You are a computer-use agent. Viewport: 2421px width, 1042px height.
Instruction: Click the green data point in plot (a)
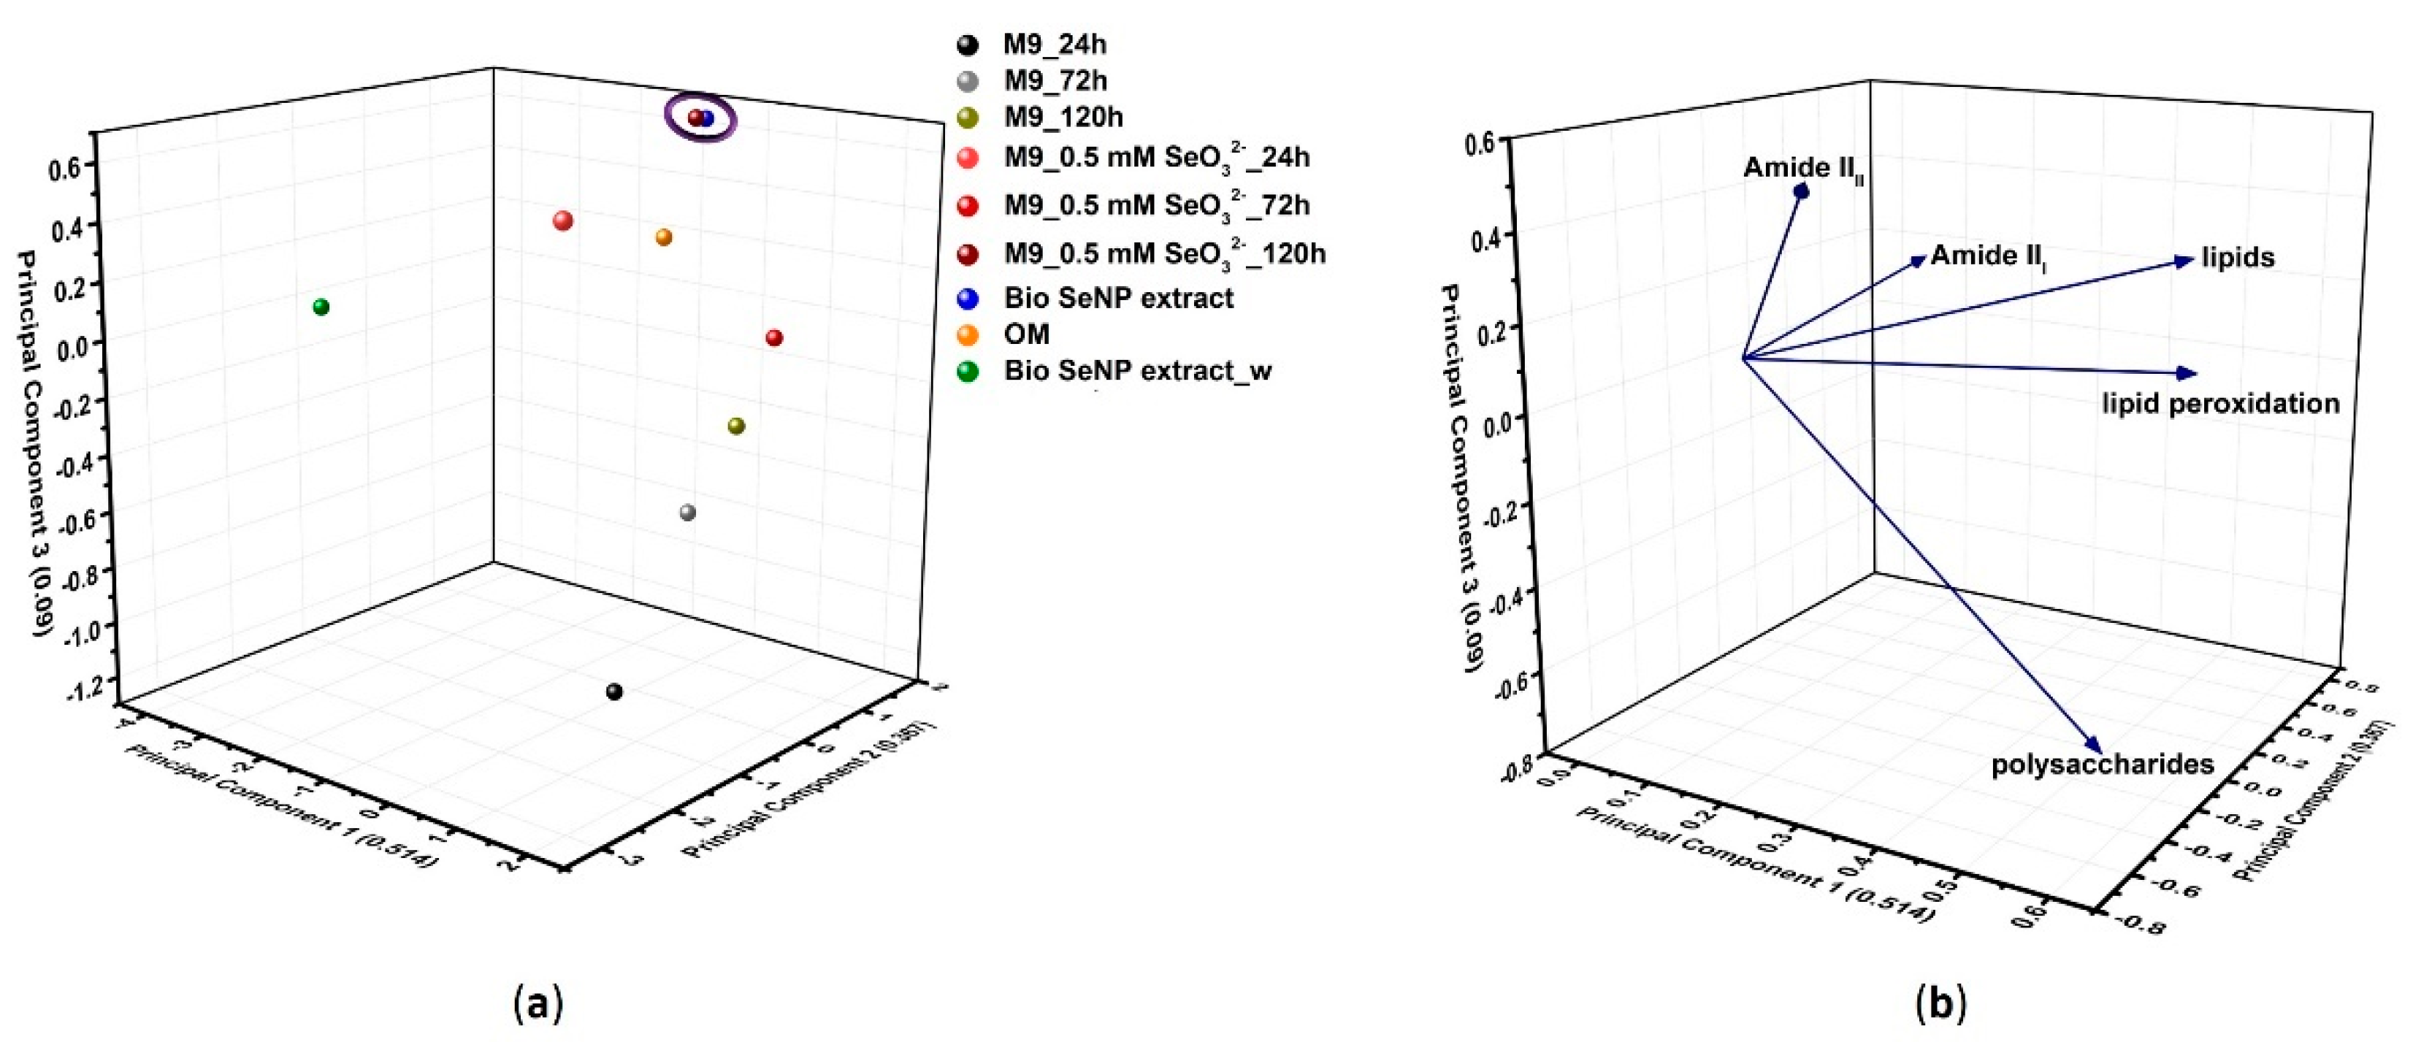321,307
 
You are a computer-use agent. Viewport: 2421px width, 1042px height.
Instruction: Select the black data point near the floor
615,692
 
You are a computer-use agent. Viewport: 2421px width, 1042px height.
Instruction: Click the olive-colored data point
737,426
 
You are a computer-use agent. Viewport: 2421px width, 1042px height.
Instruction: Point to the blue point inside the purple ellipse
708,118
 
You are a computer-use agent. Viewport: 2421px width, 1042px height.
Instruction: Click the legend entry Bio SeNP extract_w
1136,371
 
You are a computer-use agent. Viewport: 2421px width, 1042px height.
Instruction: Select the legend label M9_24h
1054,44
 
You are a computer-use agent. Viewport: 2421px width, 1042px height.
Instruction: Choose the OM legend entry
1026,334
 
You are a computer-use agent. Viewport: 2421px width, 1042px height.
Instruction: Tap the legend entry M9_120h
1063,118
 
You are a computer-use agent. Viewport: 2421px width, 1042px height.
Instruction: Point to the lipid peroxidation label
2221,404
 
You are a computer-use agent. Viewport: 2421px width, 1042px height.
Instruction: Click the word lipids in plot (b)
2238,258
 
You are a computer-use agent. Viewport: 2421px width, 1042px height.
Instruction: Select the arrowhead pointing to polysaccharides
2095,744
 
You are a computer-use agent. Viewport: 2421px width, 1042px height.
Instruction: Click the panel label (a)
538,1003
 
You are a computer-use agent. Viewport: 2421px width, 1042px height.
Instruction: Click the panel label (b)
1939,1003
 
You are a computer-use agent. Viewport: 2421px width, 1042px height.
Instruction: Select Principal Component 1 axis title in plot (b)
1753,865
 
